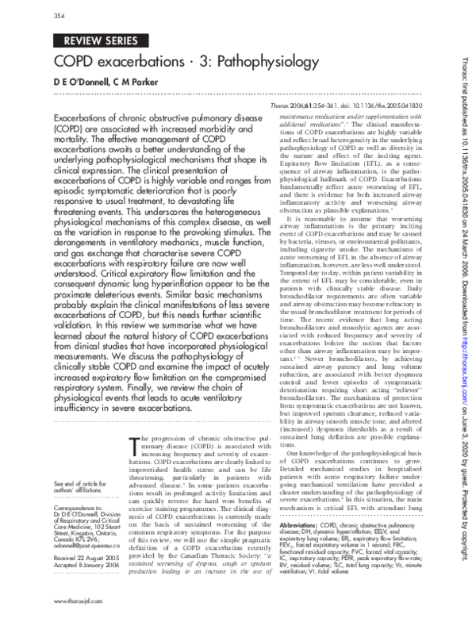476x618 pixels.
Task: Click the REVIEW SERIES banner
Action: pos(101,41)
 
